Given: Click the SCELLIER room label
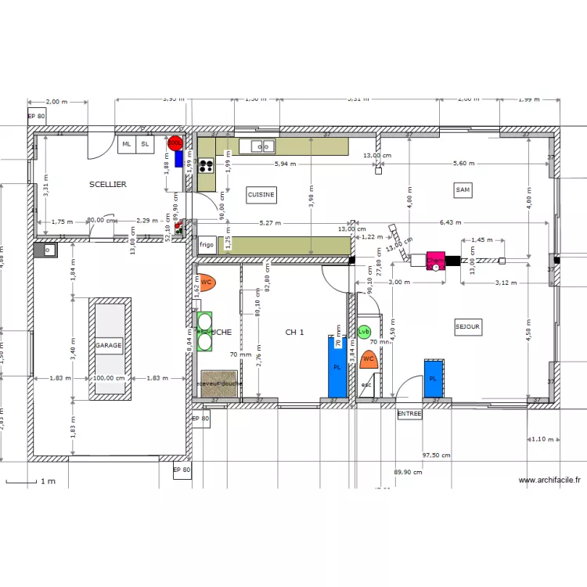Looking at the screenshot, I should click(x=108, y=184).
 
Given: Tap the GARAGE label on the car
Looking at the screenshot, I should click(x=109, y=345).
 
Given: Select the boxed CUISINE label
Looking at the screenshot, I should click(x=261, y=194).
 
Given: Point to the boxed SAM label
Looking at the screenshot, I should click(x=463, y=189).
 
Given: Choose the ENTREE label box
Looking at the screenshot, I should click(x=409, y=414).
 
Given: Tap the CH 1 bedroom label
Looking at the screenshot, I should click(x=294, y=333).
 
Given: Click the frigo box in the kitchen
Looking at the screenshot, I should click(x=207, y=244).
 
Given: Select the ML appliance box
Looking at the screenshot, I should click(x=126, y=144).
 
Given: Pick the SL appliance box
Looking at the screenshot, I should click(x=145, y=144).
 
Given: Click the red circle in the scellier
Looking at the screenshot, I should click(x=175, y=143).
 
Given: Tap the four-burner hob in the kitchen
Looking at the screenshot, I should click(x=207, y=165).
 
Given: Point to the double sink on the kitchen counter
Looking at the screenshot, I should click(x=262, y=145).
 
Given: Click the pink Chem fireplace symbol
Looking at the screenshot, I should click(x=434, y=261).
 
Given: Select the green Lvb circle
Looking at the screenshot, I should click(x=364, y=332).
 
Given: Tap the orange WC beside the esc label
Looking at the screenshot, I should click(x=369, y=358).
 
